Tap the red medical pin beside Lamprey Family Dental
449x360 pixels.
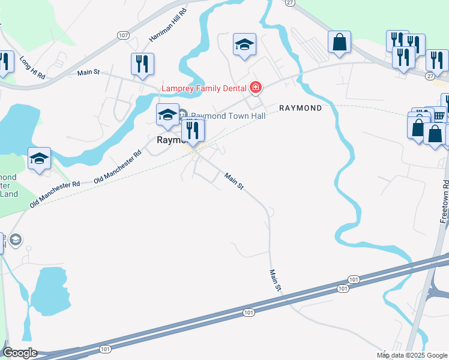pos(256,88)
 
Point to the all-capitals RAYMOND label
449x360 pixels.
pos(300,108)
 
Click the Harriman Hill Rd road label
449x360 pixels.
pos(167,26)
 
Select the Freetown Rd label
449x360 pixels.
pos(445,201)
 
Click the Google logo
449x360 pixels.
pos(20,353)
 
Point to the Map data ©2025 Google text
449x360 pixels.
pos(411,355)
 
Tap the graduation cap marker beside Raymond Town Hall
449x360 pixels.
pos(167,113)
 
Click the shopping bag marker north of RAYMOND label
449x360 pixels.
pos(339,42)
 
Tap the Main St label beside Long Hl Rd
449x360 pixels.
pos(88,73)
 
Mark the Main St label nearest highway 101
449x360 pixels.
pos(274,280)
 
